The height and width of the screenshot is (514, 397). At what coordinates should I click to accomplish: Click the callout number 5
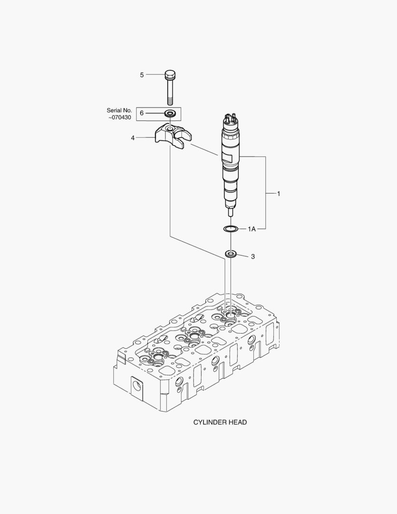coord(141,75)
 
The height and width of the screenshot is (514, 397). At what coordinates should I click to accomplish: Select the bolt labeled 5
coord(170,88)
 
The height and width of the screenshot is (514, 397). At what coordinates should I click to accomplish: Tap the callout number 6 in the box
coord(141,113)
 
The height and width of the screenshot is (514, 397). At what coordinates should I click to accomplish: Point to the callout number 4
coord(133,138)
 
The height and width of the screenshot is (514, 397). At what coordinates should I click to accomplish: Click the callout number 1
coord(279,194)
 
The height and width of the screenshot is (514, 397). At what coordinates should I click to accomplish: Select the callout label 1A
coord(252,229)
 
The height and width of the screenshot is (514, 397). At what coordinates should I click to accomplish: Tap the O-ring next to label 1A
coord(231,229)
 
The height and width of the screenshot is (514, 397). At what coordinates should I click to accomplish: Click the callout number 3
coord(252,257)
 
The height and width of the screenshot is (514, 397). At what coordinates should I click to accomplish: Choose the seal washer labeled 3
coord(231,254)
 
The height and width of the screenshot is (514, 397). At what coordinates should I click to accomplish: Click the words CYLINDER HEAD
coord(220,422)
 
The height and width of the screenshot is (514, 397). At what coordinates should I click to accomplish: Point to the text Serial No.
coord(119,110)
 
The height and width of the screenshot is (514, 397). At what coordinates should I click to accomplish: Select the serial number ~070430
coord(119,117)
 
